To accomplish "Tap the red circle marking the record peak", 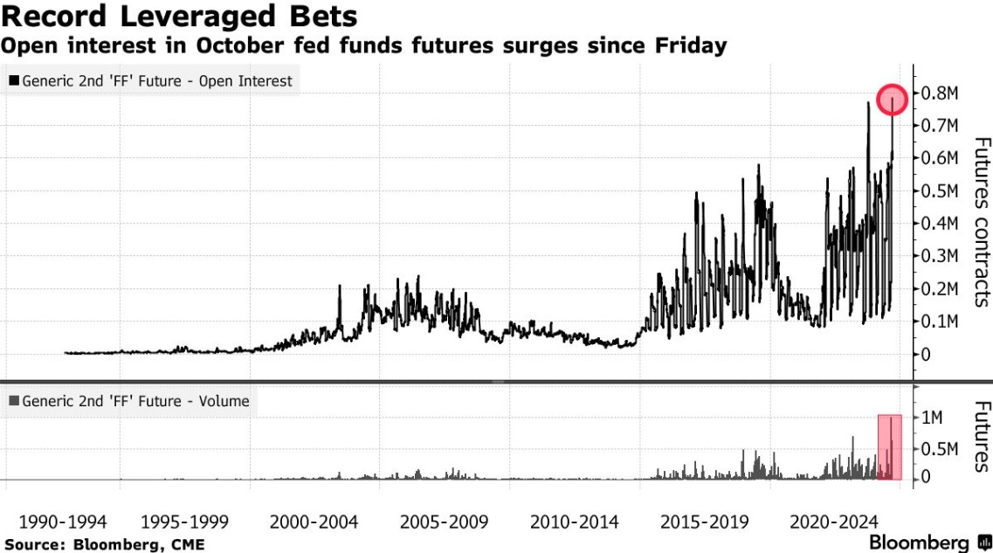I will pos(893,100).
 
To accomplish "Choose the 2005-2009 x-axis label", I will pos(445,522).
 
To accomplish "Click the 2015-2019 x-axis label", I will pos(704,522).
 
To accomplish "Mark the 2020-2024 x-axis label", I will pos(833,522).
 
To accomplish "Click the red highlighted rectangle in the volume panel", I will pos(889,446).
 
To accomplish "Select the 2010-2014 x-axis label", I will pos(575,522).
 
